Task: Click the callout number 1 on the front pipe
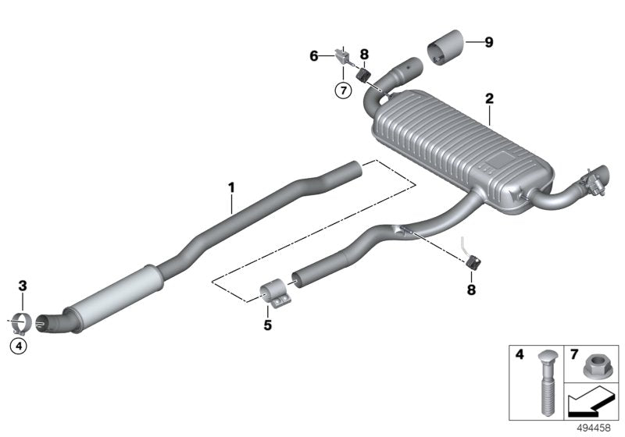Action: [x=231, y=187]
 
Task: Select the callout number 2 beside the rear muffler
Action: [x=489, y=99]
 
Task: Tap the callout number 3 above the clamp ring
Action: [x=23, y=287]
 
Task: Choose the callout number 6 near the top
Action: [x=314, y=55]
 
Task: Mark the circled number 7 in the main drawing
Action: [x=341, y=90]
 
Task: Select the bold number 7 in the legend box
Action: [x=573, y=355]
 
